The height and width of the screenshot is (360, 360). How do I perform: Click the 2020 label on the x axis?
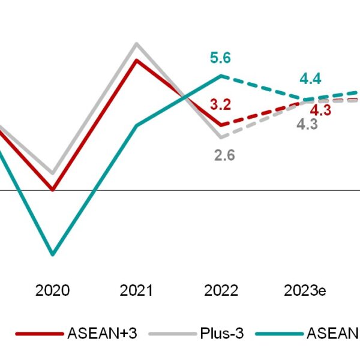tap(52, 291)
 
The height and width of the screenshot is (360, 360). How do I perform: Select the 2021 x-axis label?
tap(136, 291)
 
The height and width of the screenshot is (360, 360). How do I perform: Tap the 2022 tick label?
tap(221, 291)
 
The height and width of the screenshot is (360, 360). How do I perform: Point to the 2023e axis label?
tap(305, 291)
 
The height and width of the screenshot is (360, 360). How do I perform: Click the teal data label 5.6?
tap(221, 58)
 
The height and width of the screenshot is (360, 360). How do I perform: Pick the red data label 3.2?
tap(220, 104)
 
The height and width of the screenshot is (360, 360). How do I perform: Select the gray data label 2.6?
tap(224, 155)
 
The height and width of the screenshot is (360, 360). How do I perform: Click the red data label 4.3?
tap(320, 110)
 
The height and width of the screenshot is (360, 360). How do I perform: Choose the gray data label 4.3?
tap(307, 125)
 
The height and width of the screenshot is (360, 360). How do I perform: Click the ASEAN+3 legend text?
tap(103, 334)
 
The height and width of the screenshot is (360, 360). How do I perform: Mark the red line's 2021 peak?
tap(137, 59)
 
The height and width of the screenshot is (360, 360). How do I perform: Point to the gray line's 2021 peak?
tap(137, 43)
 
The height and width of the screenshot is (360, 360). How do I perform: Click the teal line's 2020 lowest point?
tap(53, 254)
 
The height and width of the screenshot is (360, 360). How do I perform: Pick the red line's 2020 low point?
tap(53, 190)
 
